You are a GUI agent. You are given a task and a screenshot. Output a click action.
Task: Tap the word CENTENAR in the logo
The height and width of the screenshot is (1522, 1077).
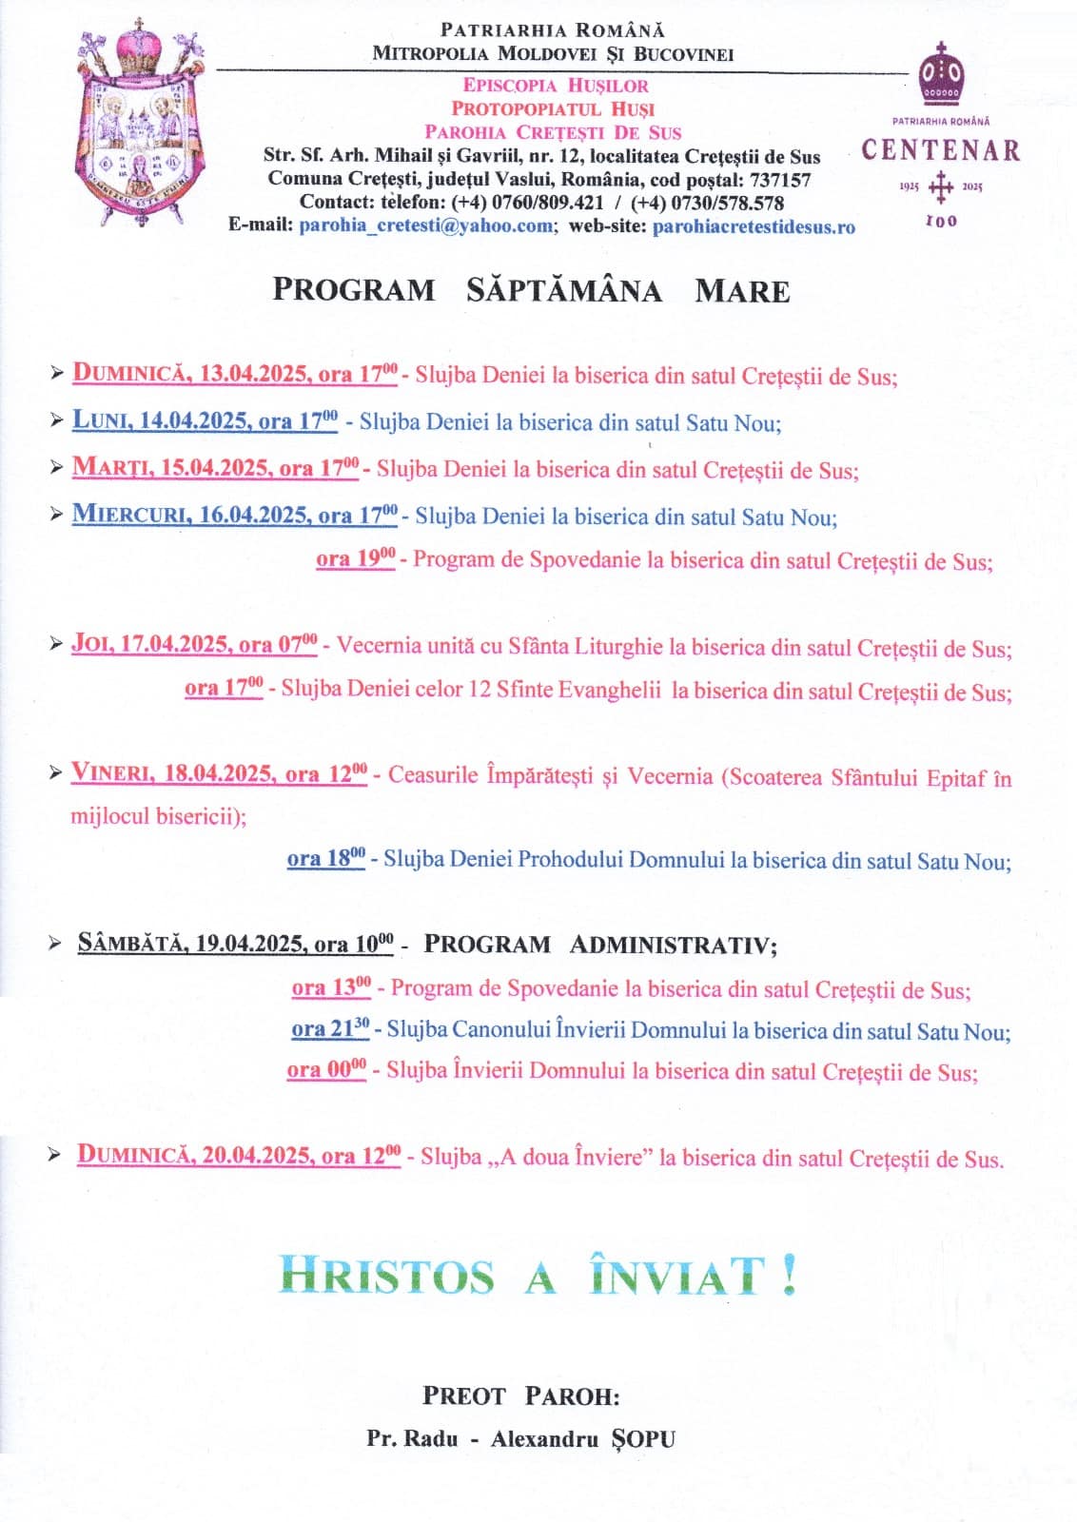[x=940, y=151]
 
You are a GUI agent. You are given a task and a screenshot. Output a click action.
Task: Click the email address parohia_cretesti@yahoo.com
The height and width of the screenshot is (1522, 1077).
[x=426, y=226]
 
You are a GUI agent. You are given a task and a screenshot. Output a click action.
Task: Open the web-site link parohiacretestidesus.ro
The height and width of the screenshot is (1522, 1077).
[x=754, y=227]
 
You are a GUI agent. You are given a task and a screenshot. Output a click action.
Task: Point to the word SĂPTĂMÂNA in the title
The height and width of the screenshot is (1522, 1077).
[x=563, y=290]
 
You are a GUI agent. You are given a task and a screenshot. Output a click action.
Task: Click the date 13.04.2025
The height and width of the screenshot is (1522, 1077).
[x=252, y=375]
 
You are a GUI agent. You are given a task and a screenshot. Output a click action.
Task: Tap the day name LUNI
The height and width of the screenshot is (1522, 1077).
[x=100, y=421]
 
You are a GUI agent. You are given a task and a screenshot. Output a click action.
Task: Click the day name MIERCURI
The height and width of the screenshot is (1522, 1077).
[x=130, y=516]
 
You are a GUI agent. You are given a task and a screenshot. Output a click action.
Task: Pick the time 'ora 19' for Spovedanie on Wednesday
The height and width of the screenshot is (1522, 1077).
[x=355, y=559]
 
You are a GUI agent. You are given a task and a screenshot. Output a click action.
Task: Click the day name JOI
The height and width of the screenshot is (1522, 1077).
[x=91, y=644]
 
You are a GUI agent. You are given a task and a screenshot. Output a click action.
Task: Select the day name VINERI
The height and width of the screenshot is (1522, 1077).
[x=111, y=774]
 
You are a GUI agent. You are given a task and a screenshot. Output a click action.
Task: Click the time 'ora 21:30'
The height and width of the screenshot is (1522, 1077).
[x=330, y=1030]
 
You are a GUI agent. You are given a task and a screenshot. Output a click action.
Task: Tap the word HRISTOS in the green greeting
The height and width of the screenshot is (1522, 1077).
[x=387, y=1276]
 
